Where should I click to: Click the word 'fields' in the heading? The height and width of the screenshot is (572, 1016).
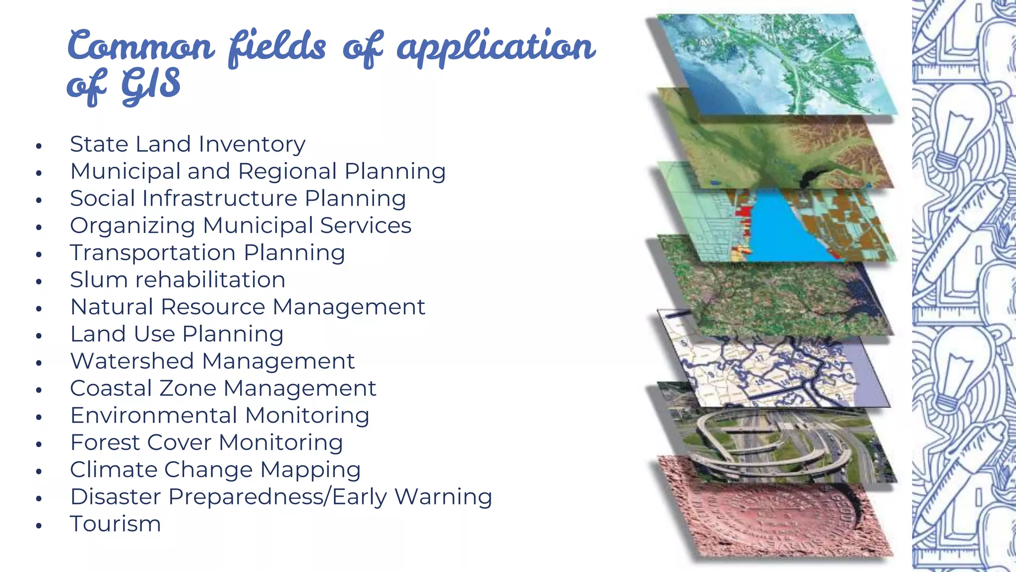(277, 47)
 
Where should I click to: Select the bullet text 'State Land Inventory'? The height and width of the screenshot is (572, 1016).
(188, 144)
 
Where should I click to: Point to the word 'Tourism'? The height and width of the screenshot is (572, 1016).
(116, 524)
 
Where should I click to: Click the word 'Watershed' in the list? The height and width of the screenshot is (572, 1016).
(132, 361)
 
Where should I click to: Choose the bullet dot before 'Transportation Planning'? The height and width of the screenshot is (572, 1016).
(39, 255)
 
